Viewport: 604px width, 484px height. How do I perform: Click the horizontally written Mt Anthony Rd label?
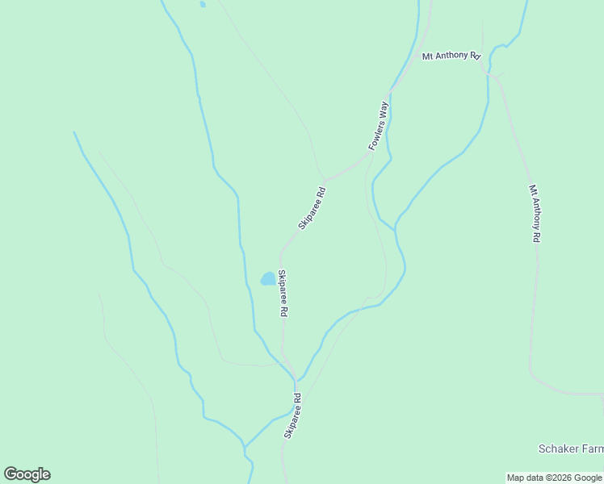coord(451,56)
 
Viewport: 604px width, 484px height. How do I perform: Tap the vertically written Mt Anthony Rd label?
coord(535,214)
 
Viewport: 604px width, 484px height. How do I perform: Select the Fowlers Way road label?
coord(379,126)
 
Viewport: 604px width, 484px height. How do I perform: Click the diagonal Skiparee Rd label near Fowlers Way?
coord(312,209)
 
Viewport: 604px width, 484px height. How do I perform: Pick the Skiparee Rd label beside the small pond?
coord(283,292)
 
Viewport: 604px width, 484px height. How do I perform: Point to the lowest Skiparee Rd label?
coord(292,415)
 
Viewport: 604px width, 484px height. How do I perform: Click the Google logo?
coord(27,474)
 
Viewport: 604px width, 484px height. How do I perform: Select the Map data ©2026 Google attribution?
coord(555,478)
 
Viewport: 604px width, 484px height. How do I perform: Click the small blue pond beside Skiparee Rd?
coord(266,279)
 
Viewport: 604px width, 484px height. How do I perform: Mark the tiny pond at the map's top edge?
coord(202,4)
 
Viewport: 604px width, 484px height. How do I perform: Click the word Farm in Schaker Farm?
coord(591,449)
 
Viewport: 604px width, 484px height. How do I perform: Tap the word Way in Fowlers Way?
coord(385,111)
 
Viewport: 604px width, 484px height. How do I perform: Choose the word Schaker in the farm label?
coord(558,449)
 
